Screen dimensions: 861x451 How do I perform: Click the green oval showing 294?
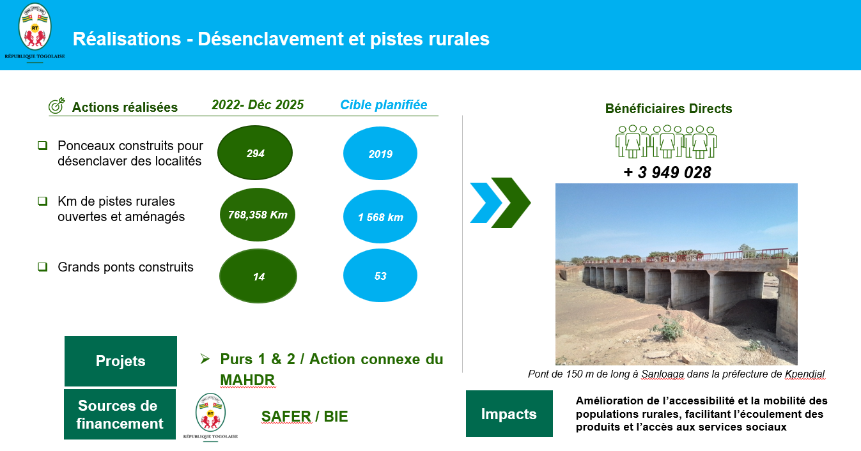255,153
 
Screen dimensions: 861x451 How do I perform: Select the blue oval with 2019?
380,153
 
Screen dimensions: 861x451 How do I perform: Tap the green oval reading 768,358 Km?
258,215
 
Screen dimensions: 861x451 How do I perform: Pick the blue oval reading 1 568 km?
380,217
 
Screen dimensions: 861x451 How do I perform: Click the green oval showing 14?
258,276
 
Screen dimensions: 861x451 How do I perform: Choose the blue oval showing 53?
380,275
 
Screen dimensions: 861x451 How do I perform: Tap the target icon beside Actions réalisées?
56,105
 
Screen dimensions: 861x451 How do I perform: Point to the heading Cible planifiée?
384,105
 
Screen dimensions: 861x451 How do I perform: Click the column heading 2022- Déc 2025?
258,105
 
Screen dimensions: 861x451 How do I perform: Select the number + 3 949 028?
667,172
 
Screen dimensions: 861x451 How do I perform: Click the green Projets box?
121,361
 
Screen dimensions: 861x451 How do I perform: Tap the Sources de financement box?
120,414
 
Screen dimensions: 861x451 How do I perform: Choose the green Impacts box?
509,414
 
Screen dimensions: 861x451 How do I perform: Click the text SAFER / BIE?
304,417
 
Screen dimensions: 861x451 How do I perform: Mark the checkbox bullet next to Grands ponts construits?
43,266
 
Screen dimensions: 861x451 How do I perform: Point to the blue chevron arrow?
486,203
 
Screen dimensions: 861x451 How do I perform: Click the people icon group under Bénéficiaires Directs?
666,141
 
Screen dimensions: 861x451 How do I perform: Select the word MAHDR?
247,380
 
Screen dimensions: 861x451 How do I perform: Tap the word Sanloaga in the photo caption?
663,374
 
